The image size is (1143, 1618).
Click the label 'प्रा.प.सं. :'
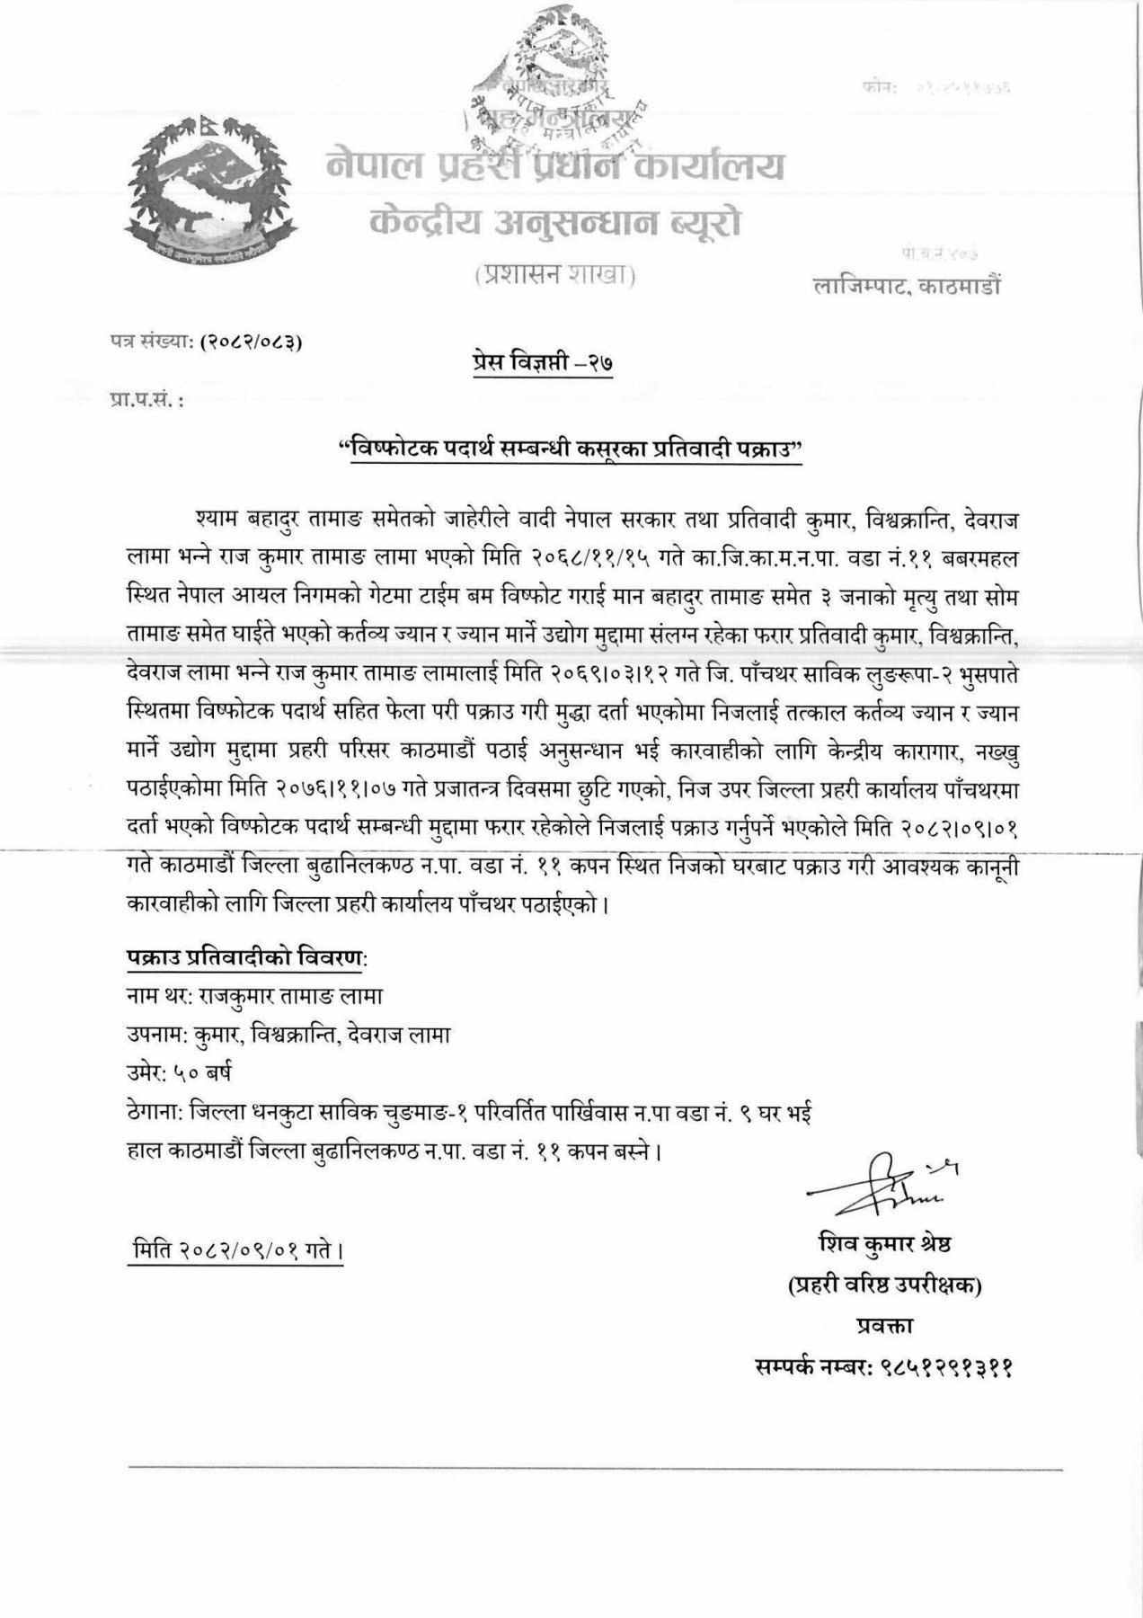point(145,397)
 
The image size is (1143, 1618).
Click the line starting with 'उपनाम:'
point(288,1035)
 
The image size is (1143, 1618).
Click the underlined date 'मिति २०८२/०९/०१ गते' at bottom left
point(235,1250)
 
